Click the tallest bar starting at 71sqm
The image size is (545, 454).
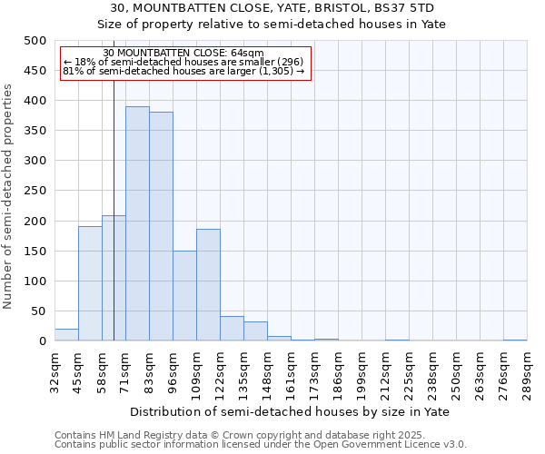pos(137,223)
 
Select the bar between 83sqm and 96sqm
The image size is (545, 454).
pos(161,226)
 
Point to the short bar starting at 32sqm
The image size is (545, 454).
pos(66,335)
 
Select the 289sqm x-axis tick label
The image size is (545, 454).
pos(527,372)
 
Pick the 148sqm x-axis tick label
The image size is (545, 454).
pos(267,372)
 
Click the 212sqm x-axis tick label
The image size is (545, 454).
pos(385,372)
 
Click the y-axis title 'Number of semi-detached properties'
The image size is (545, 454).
pos(9,196)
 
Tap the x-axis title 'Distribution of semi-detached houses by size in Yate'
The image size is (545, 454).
pos(290,411)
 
